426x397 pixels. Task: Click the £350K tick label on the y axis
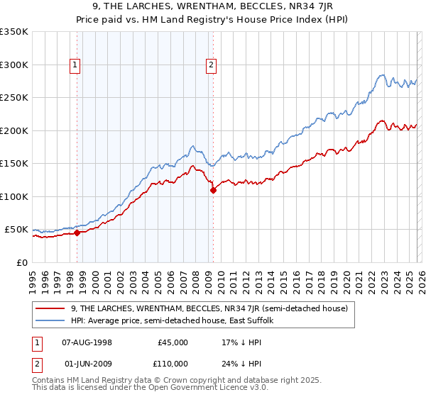14,32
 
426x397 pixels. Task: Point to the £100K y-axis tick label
14,196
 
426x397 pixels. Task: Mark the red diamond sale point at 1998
77,233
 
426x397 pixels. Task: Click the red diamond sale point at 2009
212,190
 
